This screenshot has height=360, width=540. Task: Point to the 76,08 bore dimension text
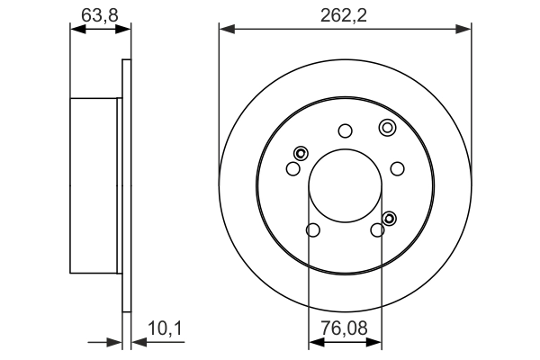pos(346,329)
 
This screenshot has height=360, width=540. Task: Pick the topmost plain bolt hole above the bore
pos(345,130)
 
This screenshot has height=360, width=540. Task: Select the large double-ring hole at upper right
pos(387,127)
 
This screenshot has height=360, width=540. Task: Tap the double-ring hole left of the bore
pos(300,152)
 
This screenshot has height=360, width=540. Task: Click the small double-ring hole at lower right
pos(390,218)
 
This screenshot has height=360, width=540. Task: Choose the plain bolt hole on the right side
pos(398,168)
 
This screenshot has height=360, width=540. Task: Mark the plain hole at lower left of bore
pos(312,230)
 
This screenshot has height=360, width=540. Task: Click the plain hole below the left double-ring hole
pos(292,168)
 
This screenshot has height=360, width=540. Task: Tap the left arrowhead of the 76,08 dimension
pos(315,342)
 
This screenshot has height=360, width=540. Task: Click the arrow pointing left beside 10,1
pos(139,342)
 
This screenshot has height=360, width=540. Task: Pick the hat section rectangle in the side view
pos(94,186)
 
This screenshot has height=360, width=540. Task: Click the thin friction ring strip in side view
pos(126,186)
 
